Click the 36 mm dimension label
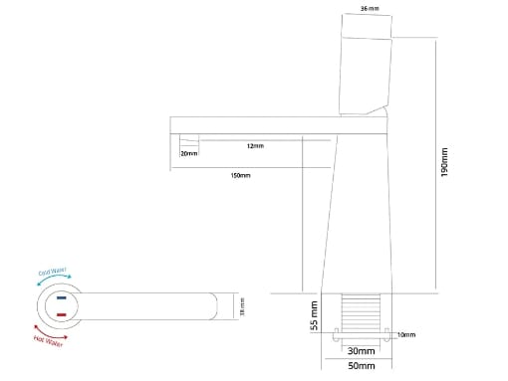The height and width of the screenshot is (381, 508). click(x=369, y=7)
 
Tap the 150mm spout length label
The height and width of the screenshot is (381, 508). click(x=240, y=175)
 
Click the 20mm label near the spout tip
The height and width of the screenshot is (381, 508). click(x=188, y=154)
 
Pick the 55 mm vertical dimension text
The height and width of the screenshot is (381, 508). click(x=314, y=316)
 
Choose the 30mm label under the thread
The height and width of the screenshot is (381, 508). click(x=362, y=351)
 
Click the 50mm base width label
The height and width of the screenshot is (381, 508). click(x=362, y=366)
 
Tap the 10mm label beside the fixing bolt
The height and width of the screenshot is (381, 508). click(x=405, y=334)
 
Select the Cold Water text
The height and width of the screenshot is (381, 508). click(x=52, y=271)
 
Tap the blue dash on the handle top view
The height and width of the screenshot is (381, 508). click(x=62, y=297)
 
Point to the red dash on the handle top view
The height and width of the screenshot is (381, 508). click(x=62, y=314)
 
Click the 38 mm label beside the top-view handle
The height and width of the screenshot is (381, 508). click(x=242, y=306)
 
